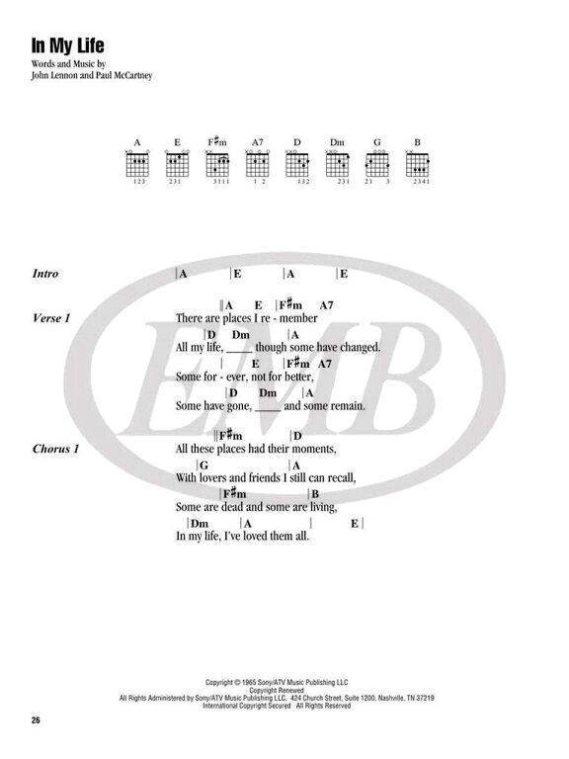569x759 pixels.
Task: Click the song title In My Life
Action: [x=68, y=45]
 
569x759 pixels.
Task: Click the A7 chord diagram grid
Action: [x=258, y=164]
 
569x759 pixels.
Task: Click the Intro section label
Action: [x=45, y=274]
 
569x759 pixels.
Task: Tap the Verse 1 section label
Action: [x=51, y=318]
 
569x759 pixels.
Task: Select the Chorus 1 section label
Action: [x=55, y=449]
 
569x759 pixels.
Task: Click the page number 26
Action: [x=36, y=720]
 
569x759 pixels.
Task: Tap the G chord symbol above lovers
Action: [x=203, y=465]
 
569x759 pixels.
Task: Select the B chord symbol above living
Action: [x=315, y=494]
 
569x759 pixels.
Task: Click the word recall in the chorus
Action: [x=342, y=477]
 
